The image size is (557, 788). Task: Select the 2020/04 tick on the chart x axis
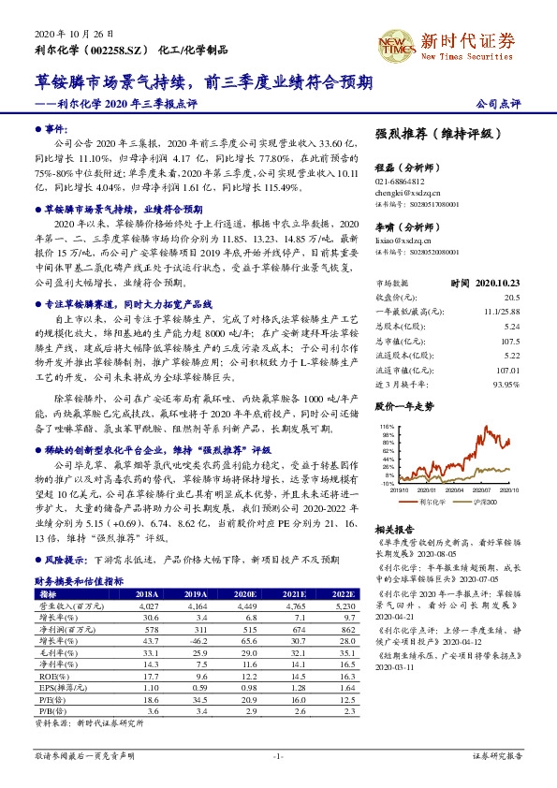[x=452, y=489]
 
